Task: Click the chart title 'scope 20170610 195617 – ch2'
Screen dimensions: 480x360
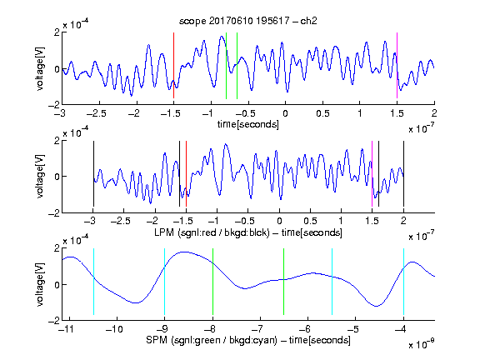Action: (x=248, y=21)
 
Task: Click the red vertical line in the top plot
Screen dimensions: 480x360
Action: (x=173, y=65)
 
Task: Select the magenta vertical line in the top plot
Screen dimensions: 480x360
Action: (x=397, y=65)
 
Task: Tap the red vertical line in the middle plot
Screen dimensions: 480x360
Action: (x=186, y=173)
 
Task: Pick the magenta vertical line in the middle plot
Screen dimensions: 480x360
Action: (x=372, y=173)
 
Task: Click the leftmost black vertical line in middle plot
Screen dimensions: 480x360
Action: (x=93, y=173)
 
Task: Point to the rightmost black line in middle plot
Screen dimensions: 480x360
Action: (x=403, y=173)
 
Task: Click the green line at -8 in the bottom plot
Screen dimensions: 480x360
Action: (x=212, y=282)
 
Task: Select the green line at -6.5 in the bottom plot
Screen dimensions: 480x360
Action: (x=284, y=282)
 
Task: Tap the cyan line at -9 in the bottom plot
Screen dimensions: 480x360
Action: (x=165, y=282)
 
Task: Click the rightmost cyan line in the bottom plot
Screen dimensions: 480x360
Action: (x=403, y=282)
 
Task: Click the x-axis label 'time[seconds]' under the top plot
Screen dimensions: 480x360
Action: (x=248, y=124)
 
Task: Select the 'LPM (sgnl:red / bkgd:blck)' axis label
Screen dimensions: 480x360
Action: (x=212, y=232)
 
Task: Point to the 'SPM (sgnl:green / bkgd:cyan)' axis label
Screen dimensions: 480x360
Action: (x=212, y=340)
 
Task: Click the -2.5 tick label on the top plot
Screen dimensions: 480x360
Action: (x=97, y=114)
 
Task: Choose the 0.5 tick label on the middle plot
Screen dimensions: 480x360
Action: (x=310, y=222)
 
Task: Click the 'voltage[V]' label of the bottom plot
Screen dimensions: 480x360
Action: (x=40, y=284)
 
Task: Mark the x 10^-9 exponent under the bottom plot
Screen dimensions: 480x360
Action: (x=421, y=343)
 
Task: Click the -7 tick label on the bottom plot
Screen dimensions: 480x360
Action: (x=257, y=329)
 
